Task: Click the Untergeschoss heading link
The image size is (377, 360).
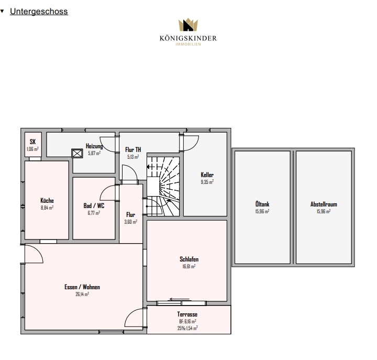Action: point(39,12)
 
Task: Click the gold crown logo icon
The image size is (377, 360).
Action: point(188,25)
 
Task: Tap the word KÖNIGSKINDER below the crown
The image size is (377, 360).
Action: point(188,38)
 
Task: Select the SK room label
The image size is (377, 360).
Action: point(32,141)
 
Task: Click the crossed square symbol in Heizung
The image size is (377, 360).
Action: point(77,154)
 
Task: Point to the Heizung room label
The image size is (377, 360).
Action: point(94,146)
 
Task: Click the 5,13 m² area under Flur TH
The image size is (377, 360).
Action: point(133,157)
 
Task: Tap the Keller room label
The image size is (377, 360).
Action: point(207,174)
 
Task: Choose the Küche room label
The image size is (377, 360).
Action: point(47,201)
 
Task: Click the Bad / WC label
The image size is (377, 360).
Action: point(94,206)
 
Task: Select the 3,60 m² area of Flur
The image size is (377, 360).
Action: point(130,222)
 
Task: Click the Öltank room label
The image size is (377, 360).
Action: point(262,204)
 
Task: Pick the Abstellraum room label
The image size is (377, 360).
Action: point(324,204)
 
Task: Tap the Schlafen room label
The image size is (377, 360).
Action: point(189,259)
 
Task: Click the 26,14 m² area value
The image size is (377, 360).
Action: point(82,294)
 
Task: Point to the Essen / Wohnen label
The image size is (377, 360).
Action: point(82,287)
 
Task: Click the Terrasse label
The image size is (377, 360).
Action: point(187,314)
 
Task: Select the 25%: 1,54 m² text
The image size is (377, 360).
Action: point(187,328)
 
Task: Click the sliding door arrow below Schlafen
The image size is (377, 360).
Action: point(180,299)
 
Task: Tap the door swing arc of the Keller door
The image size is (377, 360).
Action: point(194,147)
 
